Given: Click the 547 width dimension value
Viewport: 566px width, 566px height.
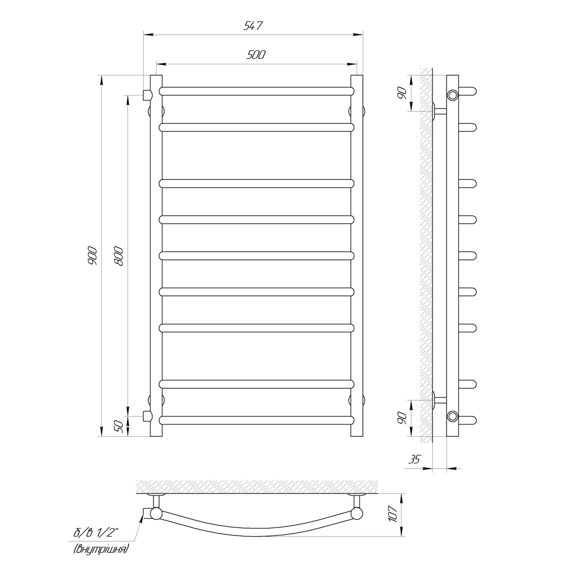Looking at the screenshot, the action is pyautogui.click(x=253, y=26).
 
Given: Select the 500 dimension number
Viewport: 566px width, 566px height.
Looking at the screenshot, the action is pyautogui.click(x=256, y=54).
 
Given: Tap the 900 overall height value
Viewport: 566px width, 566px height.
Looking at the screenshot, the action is pyautogui.click(x=92, y=256).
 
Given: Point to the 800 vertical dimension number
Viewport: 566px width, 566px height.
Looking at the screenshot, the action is pyautogui.click(x=119, y=256).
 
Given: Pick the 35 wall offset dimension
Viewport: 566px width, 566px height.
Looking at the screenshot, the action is pyautogui.click(x=414, y=459).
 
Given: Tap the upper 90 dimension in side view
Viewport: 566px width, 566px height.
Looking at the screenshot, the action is pyautogui.click(x=402, y=93).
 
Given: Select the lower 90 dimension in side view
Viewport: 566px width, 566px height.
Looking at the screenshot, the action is pyautogui.click(x=402, y=418).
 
